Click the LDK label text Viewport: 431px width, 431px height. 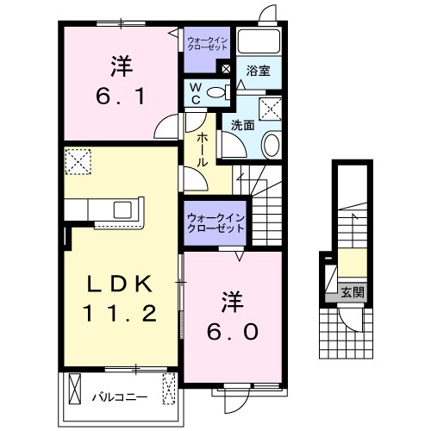120,284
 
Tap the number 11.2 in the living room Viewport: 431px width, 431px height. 120,313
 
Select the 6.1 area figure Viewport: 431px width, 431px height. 121,97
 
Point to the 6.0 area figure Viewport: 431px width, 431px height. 233,332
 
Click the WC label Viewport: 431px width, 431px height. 196,93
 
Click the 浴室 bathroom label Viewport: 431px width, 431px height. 258,71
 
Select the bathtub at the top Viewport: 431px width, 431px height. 259,41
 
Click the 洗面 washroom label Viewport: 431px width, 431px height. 243,125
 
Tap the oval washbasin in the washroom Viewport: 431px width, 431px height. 272,145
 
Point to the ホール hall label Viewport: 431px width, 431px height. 202,150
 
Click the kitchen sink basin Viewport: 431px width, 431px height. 122,209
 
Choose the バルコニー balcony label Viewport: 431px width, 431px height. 120,397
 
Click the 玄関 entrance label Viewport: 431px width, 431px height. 353,293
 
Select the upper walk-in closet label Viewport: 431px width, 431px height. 207,44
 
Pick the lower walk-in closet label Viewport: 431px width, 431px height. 215,223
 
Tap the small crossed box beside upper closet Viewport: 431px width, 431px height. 227,69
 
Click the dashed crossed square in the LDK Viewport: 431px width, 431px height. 78,161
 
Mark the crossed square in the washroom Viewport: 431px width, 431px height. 270,109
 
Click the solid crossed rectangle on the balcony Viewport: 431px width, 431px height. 75,389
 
